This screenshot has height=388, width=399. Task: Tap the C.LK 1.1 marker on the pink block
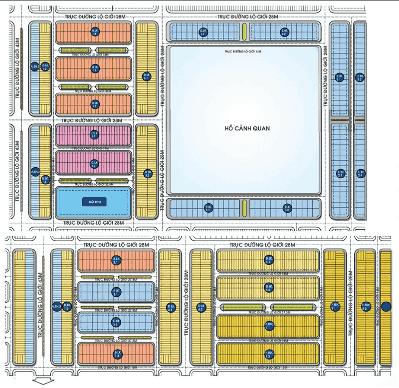click(x=94, y=135)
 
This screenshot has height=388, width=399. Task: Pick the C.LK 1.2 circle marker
click(x=94, y=163)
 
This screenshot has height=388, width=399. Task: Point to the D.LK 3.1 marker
click(x=146, y=76)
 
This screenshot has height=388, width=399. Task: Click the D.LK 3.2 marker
click(x=148, y=173)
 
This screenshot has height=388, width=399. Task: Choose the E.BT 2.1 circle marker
click(x=340, y=77)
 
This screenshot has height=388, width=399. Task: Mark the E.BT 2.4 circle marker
click(x=360, y=174)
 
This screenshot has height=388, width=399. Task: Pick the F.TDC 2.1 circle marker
click(x=335, y=307)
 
